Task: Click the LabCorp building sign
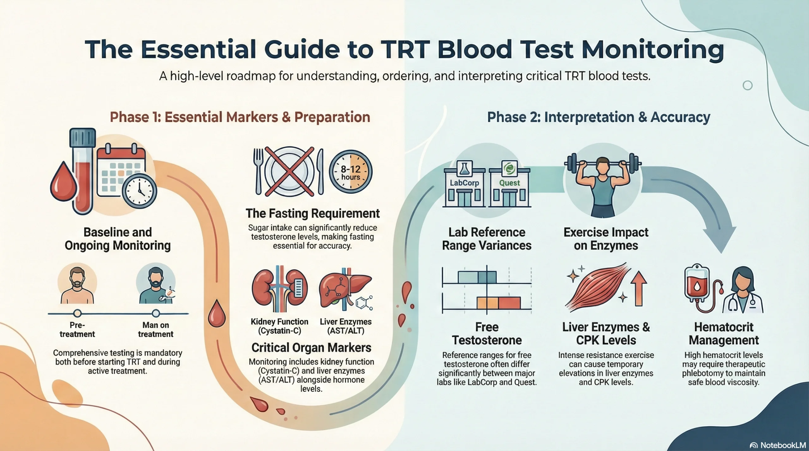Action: [x=464, y=183]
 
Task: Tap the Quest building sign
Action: [x=509, y=183]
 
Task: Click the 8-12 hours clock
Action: [x=351, y=172]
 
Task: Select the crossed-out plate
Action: [x=289, y=171]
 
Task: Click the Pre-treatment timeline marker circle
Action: [x=77, y=313]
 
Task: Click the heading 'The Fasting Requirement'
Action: [x=313, y=214]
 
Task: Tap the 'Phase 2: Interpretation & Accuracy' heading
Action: [x=599, y=117]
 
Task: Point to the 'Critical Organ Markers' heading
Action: [x=311, y=347]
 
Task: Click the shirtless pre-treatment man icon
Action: [x=77, y=286]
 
